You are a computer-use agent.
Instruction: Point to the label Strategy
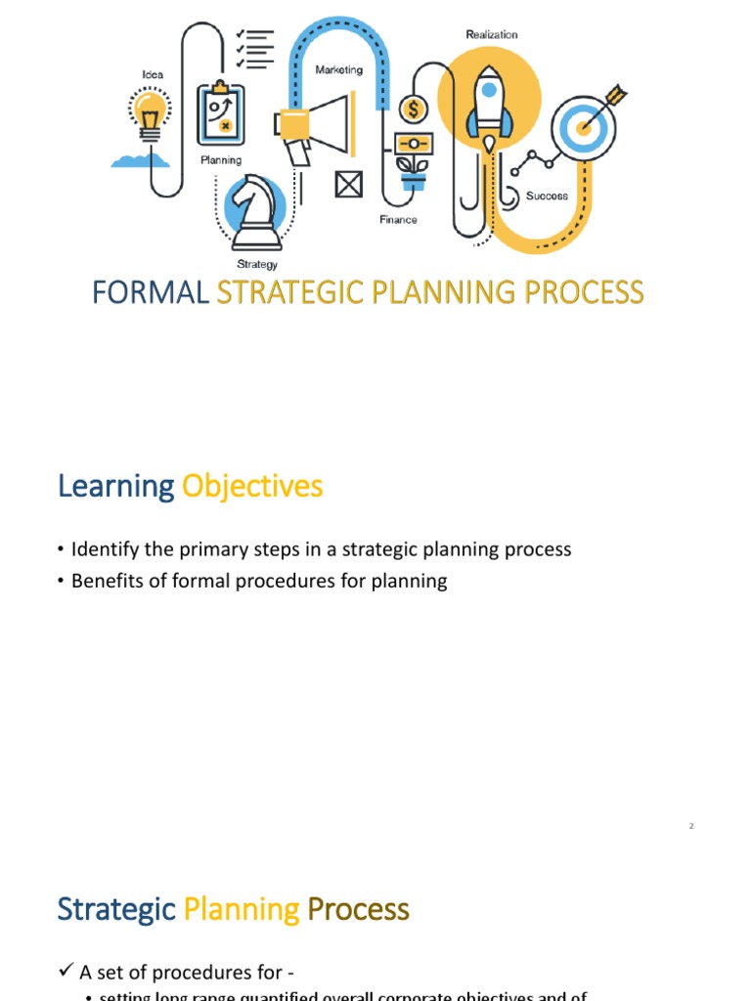[x=257, y=264]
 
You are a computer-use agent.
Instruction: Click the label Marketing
[x=338, y=69]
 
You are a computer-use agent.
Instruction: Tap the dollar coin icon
[x=412, y=106]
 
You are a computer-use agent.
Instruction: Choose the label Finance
[x=398, y=220]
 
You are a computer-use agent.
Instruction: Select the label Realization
[x=492, y=34]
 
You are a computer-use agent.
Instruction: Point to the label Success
[x=547, y=196]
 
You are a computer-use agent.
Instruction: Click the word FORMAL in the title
[x=151, y=292]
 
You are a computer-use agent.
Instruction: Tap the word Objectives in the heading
[x=252, y=486]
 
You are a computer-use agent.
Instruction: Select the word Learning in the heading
[x=115, y=486]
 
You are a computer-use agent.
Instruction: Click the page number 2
[x=690, y=827]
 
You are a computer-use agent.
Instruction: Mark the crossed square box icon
[x=349, y=183]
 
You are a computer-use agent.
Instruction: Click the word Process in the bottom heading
[x=358, y=909]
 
